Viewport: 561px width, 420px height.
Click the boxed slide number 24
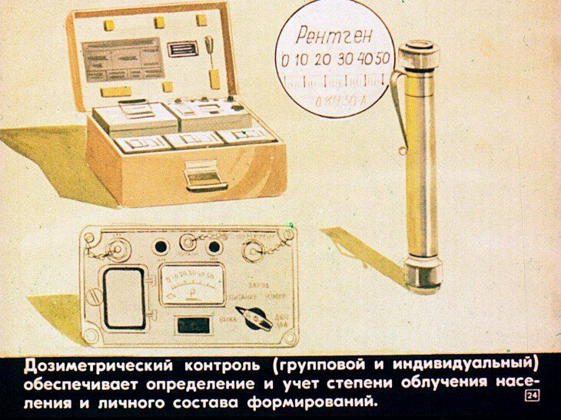tap(529, 395)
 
